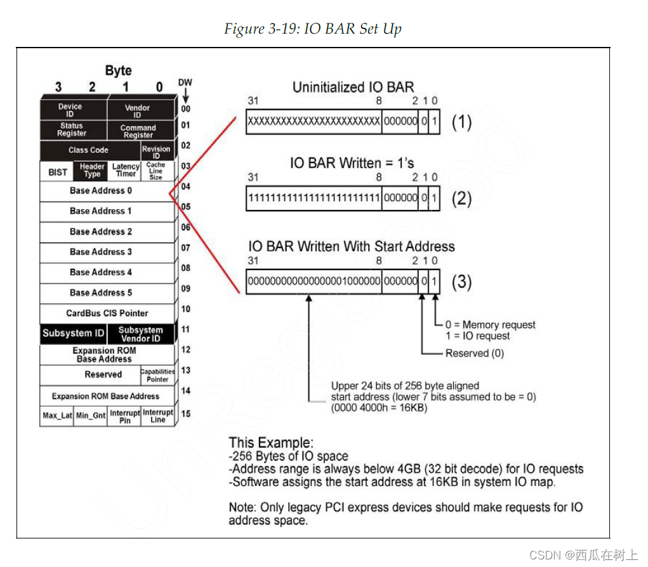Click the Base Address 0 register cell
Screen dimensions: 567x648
click(x=102, y=190)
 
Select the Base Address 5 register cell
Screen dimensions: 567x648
click(x=102, y=292)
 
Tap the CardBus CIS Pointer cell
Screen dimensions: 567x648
click(x=107, y=313)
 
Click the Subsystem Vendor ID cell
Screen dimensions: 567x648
click(x=140, y=334)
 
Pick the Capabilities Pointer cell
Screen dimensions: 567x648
click(x=157, y=375)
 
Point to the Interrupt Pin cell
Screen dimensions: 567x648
click(x=125, y=416)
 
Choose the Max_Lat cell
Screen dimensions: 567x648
click(x=57, y=416)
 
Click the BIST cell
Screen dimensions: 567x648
click(x=58, y=172)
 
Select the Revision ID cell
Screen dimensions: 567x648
click(x=156, y=152)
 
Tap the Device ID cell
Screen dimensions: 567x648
click(x=70, y=110)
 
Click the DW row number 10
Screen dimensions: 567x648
click(x=185, y=309)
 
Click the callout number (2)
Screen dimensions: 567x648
click(x=461, y=199)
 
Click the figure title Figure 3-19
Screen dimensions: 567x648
click(x=313, y=29)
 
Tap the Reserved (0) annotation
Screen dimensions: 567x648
click(x=474, y=353)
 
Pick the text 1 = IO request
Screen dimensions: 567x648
click(x=477, y=336)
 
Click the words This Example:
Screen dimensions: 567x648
click(x=271, y=443)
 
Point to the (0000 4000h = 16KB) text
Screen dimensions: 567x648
click(x=379, y=408)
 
